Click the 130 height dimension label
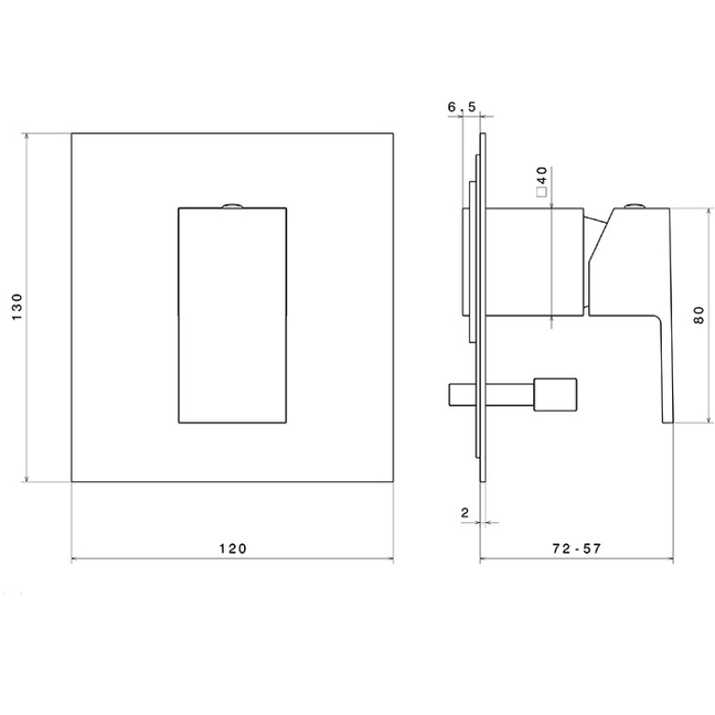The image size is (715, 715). pos(17,307)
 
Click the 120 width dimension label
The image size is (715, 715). pos(232,548)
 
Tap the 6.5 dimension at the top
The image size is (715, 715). pos(461,106)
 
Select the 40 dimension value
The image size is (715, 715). pos(542,174)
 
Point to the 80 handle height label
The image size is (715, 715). pos(698,315)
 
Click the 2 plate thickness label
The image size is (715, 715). pos(464,513)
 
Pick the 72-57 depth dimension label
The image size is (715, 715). pos(576,548)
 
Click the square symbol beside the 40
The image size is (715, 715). pos(542,192)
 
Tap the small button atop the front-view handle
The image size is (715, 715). pos(232,206)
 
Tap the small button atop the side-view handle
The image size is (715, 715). pos(633,206)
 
